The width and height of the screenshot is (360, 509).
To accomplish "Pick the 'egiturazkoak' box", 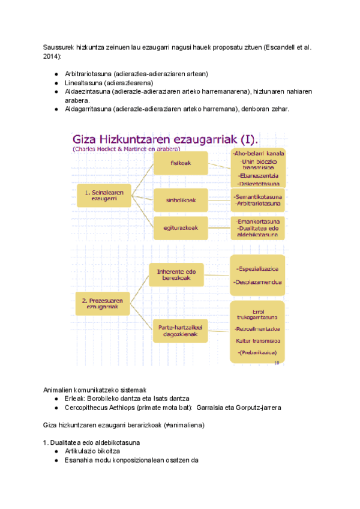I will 181,227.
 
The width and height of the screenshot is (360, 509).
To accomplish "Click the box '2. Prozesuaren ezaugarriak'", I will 102,304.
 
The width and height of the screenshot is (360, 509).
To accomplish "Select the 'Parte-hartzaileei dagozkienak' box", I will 181,331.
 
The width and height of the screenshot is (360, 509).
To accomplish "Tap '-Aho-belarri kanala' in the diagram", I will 259,154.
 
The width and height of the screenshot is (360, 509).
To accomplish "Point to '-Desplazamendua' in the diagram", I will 258,282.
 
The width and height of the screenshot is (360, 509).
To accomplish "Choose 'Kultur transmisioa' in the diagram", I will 258,340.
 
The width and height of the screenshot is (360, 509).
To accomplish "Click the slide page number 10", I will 276,363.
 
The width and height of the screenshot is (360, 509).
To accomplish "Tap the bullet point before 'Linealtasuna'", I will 56,83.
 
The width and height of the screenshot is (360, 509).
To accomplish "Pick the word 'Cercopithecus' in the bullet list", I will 88,408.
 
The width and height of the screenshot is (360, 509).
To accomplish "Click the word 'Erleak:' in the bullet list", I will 74,399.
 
